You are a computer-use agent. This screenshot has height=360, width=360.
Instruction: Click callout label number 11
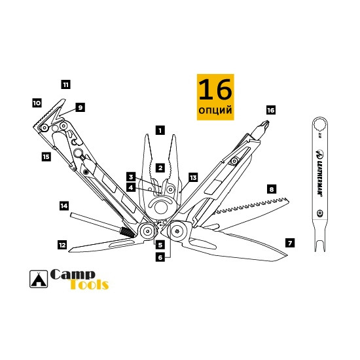[x=65, y=84]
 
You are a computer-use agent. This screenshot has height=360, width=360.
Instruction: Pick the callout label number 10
[x=37, y=103]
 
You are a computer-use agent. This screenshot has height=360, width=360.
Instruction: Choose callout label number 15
[x=45, y=156]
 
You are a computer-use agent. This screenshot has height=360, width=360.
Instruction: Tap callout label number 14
[x=63, y=206]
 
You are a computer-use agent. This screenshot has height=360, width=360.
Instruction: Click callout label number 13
[x=192, y=177]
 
